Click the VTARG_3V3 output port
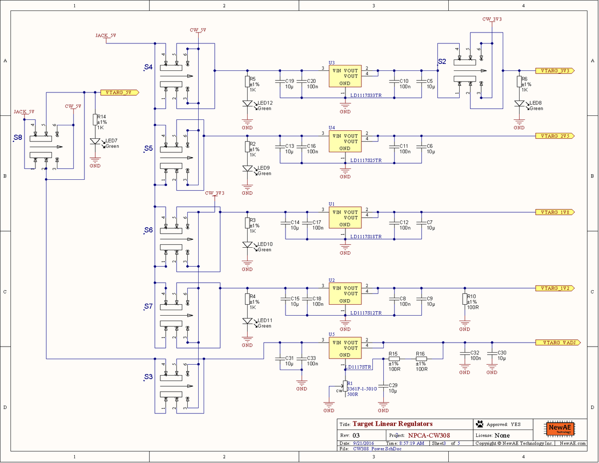tap(555, 71)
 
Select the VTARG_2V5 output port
tap(555, 136)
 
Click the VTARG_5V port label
tap(119, 92)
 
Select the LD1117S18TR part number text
tap(365, 237)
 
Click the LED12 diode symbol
tap(247, 104)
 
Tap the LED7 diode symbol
tap(95, 141)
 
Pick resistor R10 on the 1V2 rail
tap(465, 299)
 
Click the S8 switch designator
tap(17, 137)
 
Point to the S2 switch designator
tap(442, 61)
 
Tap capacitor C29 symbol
tap(383, 386)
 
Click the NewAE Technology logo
tap(561, 429)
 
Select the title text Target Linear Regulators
tap(392, 424)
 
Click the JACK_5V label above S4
tap(106, 36)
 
